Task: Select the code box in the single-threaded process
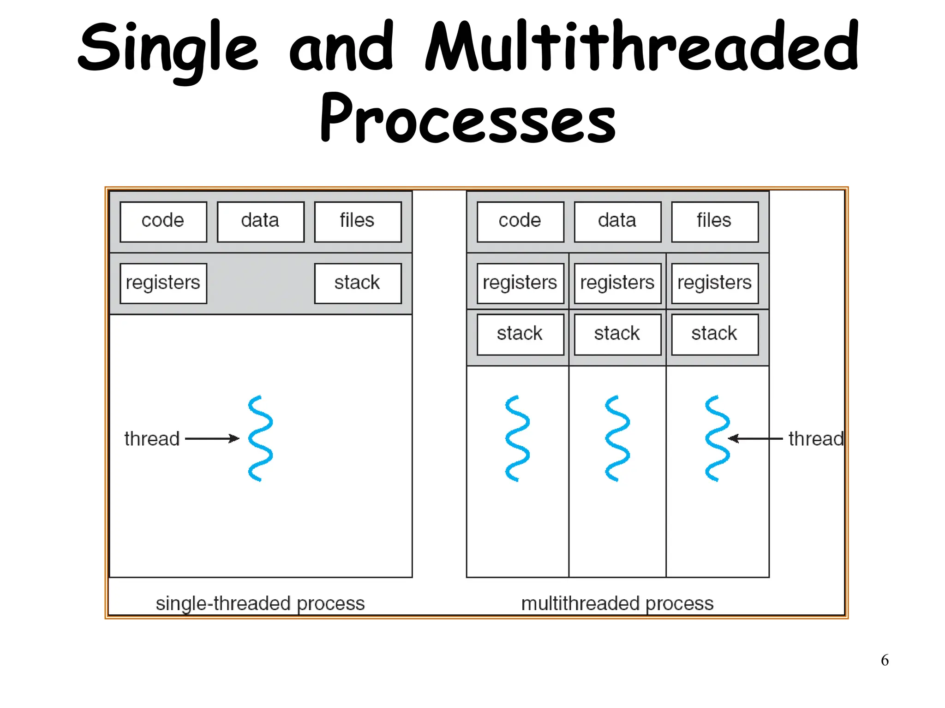(163, 222)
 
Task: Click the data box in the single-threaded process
(260, 222)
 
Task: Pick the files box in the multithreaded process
(714, 222)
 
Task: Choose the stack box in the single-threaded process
(358, 283)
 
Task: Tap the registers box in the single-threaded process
(163, 283)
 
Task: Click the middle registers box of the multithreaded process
(617, 283)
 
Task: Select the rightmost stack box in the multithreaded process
(714, 335)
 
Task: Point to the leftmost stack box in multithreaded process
(520, 335)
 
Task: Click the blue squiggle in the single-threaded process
(261, 438)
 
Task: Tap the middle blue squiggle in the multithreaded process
(617, 438)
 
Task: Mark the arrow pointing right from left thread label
(212, 438)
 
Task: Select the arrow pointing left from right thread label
(755, 438)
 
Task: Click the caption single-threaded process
(260, 603)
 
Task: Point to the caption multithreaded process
(617, 603)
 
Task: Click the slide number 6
(885, 660)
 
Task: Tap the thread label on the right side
(816, 439)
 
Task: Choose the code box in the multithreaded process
(520, 222)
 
